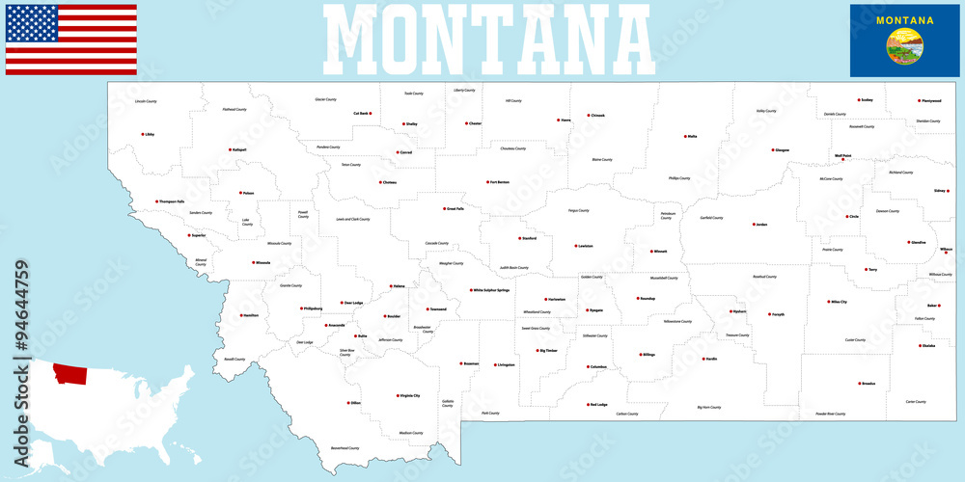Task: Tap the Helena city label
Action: (x=399, y=286)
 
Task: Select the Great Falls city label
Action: (x=455, y=208)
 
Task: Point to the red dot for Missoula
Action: (x=250, y=262)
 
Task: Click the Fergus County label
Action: (x=578, y=210)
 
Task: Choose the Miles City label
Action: (x=839, y=302)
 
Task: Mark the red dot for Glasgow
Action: (x=774, y=149)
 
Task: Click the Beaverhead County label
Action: (x=345, y=448)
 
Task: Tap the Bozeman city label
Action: (x=470, y=363)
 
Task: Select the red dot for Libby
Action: (x=142, y=134)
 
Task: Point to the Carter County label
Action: (x=916, y=401)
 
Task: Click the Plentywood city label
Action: (x=931, y=100)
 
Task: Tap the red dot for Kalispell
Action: (x=228, y=149)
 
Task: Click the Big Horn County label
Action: (x=709, y=407)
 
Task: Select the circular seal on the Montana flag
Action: (x=904, y=45)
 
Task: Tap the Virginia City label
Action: (x=410, y=395)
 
